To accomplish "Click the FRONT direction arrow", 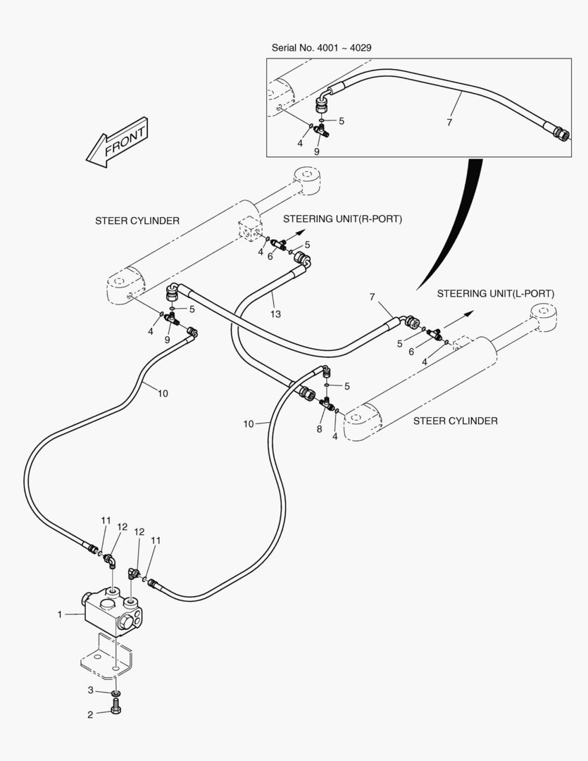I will (x=116, y=142).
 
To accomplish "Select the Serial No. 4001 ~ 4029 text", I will (x=321, y=48).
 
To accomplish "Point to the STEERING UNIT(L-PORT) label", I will (x=496, y=293).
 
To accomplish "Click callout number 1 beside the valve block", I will (x=60, y=614).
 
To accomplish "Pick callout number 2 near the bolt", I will (x=90, y=714).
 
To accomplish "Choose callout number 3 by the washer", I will (x=90, y=689).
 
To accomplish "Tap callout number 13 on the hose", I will (x=275, y=314).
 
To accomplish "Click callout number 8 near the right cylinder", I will (x=319, y=428).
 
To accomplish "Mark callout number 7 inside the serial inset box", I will (x=449, y=122).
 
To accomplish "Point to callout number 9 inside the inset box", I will (x=317, y=151).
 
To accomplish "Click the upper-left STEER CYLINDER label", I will (x=137, y=221).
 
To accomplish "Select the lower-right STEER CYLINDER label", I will (x=455, y=421).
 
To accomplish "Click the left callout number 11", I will (x=106, y=521).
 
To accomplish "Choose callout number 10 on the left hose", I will (x=163, y=393).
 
